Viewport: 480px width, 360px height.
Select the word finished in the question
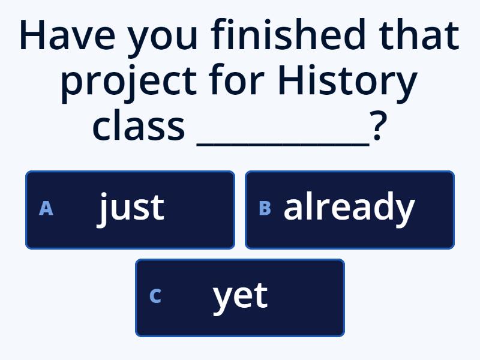click(x=288, y=34)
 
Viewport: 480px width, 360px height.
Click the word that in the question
click(x=419, y=34)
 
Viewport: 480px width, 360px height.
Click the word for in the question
click(x=236, y=79)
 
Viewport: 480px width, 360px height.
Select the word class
click(x=139, y=125)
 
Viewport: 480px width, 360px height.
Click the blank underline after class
click(x=283, y=144)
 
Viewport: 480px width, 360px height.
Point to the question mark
click(x=379, y=125)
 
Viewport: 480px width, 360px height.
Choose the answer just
click(x=130, y=210)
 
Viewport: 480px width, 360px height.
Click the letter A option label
click(x=46, y=208)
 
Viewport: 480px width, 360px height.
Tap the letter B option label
click(x=265, y=208)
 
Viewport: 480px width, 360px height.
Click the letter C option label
click(x=155, y=296)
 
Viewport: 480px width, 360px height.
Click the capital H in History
click(x=290, y=80)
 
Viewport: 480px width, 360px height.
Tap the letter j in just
click(x=102, y=210)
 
